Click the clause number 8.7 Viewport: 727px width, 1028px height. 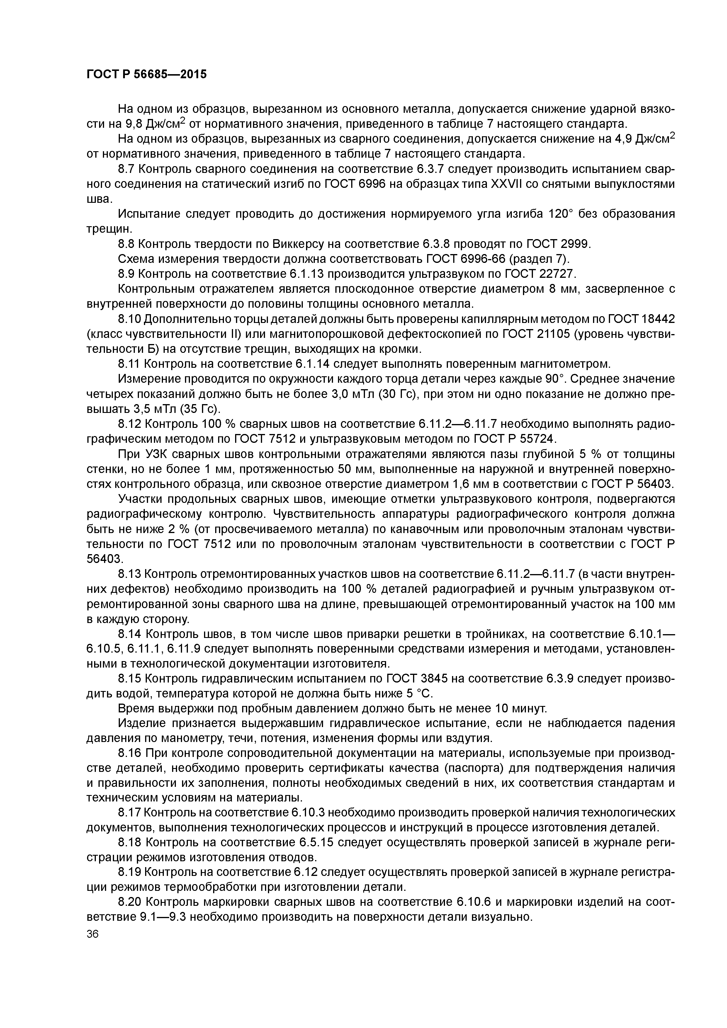click(x=127, y=169)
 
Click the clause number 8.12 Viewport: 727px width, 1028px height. click(x=130, y=423)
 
